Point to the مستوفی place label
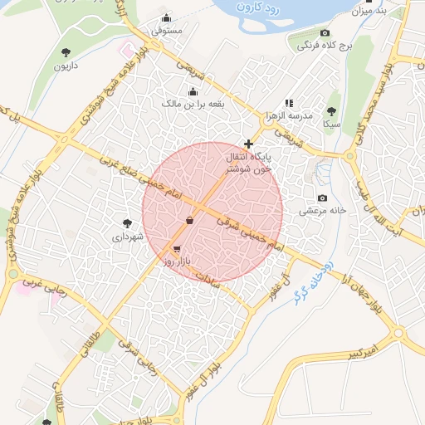pos(167,31)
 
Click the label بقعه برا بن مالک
pos(193,103)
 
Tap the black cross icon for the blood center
pos(248,144)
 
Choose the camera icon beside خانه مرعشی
pos(323,198)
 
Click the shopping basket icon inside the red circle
pos(190,220)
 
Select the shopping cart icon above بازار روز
pos(177,248)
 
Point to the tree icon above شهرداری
pos(127,222)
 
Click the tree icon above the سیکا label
pos(332,110)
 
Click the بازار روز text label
pos(177,261)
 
